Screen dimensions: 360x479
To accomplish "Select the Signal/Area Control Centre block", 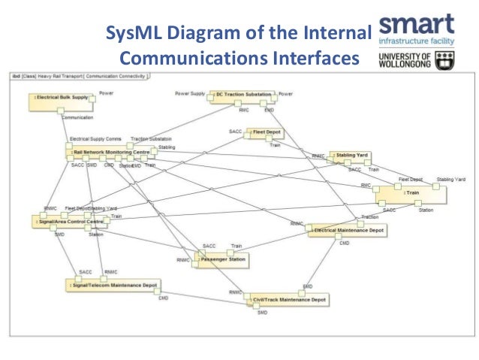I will pyautogui.click(x=68, y=222).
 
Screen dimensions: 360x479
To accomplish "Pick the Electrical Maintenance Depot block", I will pyautogui.click(x=350, y=230).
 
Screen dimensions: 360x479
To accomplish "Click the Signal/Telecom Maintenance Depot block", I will pyautogui.click(x=112, y=286).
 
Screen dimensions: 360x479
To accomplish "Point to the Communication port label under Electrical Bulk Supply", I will pyautogui.click(x=77, y=118).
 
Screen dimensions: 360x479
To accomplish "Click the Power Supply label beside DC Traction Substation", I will pyautogui.click(x=190, y=94).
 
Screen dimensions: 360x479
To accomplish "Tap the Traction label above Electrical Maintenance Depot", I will pyautogui.click(x=369, y=216).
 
